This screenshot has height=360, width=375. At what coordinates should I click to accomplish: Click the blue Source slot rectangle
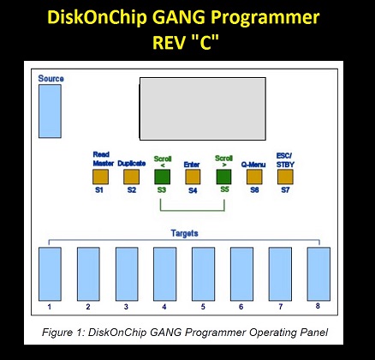(x=50, y=111)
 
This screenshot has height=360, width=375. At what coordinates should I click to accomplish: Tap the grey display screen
(x=203, y=109)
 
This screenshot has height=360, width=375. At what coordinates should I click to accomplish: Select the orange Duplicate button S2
(x=132, y=177)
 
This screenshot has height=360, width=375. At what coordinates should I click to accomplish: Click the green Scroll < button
(x=163, y=177)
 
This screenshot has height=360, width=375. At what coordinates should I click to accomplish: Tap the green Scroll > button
(x=223, y=177)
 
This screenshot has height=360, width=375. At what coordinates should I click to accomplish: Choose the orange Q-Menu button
(x=254, y=177)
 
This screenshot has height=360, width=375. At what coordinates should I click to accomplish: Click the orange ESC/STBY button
(x=285, y=177)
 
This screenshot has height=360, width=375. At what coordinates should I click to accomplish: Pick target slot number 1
(x=50, y=274)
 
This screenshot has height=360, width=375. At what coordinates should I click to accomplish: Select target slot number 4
(x=165, y=274)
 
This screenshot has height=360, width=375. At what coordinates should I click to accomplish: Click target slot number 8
(x=318, y=274)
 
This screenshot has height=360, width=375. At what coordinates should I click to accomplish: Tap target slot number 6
(x=241, y=274)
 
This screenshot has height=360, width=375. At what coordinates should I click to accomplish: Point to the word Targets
(x=185, y=233)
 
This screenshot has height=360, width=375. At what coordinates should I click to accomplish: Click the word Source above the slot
(x=51, y=79)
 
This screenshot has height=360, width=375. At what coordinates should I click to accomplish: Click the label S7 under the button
(x=285, y=190)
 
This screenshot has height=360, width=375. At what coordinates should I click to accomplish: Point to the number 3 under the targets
(x=126, y=307)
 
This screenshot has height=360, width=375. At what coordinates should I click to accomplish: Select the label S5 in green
(x=224, y=189)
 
